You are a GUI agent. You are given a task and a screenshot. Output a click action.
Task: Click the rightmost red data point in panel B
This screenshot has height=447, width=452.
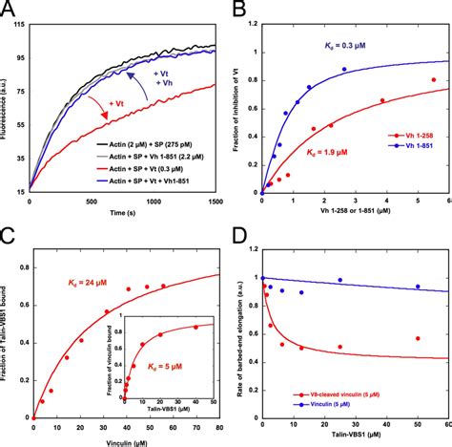(434, 80)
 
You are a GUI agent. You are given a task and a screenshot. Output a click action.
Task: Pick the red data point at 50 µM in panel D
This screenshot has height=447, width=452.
(416, 338)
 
